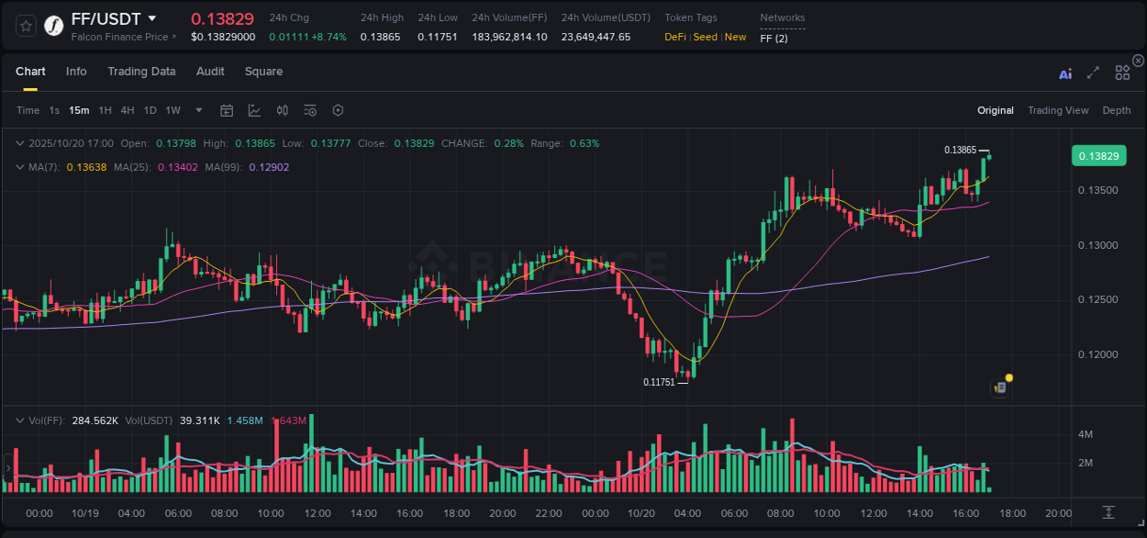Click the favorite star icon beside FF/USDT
pyautogui.click(x=27, y=26)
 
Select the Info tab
pyautogui.click(x=76, y=72)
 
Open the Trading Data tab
pyautogui.click(x=141, y=72)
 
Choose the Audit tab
pyautogui.click(x=210, y=72)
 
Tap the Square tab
pyautogui.click(x=263, y=72)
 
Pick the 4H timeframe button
pyautogui.click(x=128, y=110)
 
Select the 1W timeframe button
pyautogui.click(x=173, y=110)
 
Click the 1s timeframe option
pyautogui.click(x=54, y=110)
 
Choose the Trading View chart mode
pyautogui.click(x=1058, y=110)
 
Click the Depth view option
pyautogui.click(x=1117, y=110)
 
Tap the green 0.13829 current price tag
pyautogui.click(x=1098, y=156)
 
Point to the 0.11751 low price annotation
pyautogui.click(x=659, y=382)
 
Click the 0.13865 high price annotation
pyautogui.click(x=960, y=150)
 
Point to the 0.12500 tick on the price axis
pyautogui.click(x=1097, y=300)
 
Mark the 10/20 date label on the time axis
pyautogui.click(x=640, y=513)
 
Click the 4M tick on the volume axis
pyautogui.click(x=1085, y=434)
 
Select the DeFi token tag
pyautogui.click(x=675, y=37)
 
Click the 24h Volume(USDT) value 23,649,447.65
pyautogui.click(x=596, y=37)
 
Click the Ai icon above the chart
pyautogui.click(x=1065, y=73)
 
